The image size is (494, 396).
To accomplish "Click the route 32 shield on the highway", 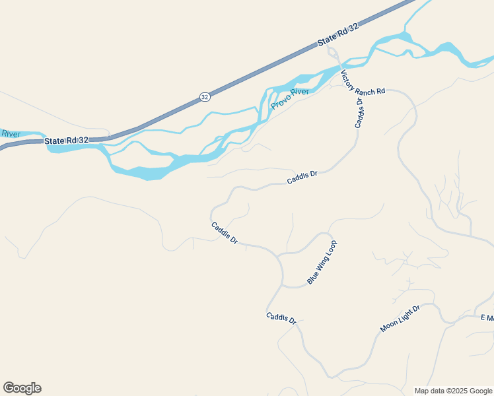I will click(205, 97).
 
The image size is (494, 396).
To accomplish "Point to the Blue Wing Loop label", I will click(322, 262).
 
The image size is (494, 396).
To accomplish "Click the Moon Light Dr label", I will click(400, 319).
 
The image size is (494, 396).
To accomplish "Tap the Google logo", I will click(22, 388).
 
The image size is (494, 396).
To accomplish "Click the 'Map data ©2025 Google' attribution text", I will click(453, 391).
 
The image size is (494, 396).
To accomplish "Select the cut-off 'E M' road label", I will click(487, 317).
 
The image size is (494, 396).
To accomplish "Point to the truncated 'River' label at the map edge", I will click(11, 134).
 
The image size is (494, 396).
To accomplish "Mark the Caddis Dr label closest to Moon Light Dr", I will click(281, 317).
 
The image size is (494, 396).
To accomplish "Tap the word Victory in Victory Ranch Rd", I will click(348, 77).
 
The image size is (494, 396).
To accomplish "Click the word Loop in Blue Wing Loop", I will click(330, 249).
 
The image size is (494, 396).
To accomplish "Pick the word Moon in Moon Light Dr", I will click(388, 326).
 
